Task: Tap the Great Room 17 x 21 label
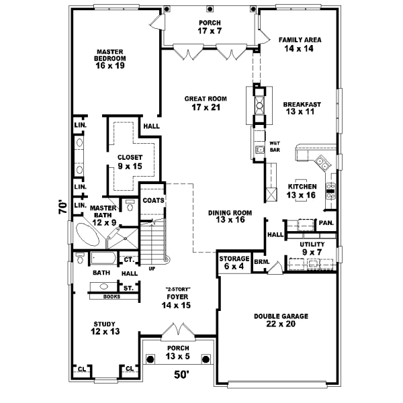(x=206, y=103)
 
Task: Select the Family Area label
(x=300, y=44)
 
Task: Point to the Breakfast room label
(x=300, y=108)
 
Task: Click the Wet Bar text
(x=275, y=146)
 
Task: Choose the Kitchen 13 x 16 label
(x=302, y=191)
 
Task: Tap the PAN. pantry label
(x=326, y=223)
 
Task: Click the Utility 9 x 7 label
(x=312, y=249)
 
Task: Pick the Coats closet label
(x=153, y=200)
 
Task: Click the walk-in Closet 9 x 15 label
(x=130, y=161)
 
